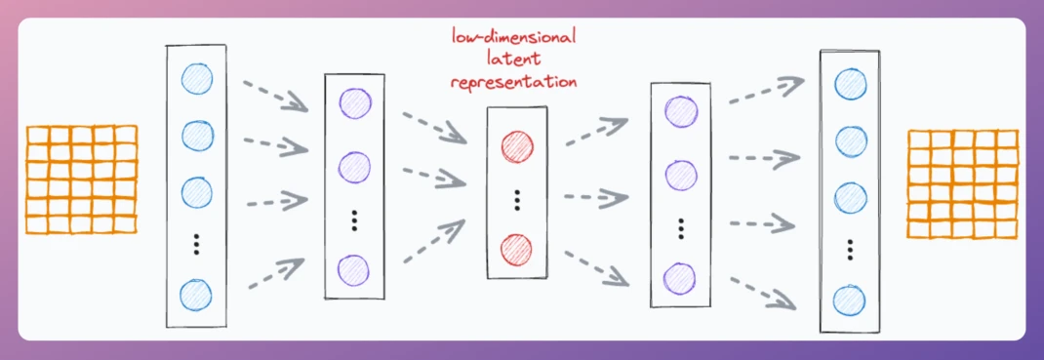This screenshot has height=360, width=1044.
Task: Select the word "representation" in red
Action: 514,82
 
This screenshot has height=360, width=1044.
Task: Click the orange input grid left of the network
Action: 81,180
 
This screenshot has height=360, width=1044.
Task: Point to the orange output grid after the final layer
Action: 963,183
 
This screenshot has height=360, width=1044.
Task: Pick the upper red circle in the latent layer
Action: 517,146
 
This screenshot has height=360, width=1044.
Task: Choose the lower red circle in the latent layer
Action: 516,248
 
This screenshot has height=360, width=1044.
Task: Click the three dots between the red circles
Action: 516,198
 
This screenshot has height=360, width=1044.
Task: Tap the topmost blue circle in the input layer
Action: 197,79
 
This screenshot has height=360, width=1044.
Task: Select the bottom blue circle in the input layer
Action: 196,294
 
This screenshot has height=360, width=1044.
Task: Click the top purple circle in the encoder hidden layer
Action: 355,102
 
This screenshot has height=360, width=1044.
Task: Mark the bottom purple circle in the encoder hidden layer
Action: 353,270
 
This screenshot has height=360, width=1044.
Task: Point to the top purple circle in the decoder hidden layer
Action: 682,111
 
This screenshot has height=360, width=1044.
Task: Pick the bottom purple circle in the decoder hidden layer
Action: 680,277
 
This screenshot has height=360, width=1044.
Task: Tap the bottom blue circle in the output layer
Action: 850,300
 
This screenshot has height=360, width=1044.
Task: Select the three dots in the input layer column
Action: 196,245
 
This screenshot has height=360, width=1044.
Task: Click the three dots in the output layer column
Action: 850,249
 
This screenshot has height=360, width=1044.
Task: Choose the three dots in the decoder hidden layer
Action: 681,227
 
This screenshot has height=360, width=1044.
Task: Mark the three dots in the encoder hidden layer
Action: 354,220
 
